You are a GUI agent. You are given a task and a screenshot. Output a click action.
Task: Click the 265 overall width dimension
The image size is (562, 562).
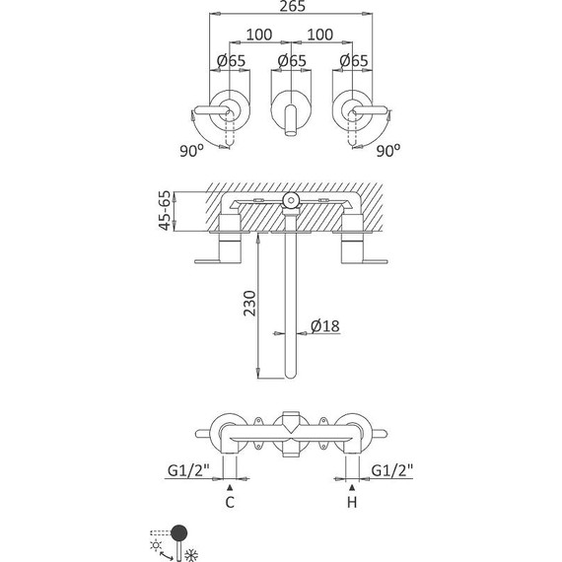click(x=293, y=6)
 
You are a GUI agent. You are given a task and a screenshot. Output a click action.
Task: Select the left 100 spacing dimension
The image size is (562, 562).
click(x=259, y=35)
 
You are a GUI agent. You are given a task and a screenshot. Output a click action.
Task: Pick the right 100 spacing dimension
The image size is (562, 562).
click(x=320, y=35)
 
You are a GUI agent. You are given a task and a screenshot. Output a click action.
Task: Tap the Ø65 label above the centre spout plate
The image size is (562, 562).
click(x=292, y=60)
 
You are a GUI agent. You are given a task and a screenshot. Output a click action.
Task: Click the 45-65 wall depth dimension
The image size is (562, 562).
click(x=165, y=210)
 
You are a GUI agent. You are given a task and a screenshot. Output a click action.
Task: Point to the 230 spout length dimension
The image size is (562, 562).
click(x=249, y=304)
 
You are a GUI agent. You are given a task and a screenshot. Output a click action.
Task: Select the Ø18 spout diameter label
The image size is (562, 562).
click(x=325, y=326)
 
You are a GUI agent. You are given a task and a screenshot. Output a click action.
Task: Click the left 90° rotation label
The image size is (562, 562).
click(x=191, y=151)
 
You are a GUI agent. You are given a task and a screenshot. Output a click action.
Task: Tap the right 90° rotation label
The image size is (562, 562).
click(x=388, y=151)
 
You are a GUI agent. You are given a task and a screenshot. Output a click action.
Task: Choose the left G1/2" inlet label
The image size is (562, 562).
click(x=188, y=470)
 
